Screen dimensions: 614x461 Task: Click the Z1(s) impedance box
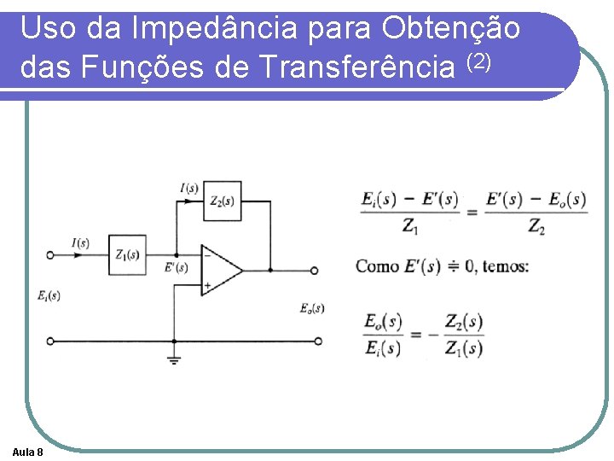[127, 254]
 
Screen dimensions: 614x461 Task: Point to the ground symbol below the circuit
[174, 359]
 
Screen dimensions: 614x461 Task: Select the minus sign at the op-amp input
[206, 254]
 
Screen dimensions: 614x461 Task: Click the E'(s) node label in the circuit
[177, 268]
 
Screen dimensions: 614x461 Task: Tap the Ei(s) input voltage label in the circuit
[49, 295]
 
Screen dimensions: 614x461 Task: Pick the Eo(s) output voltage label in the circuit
[312, 307]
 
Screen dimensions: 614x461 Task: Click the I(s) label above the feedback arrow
[189, 188]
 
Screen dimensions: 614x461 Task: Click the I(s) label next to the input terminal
[80, 242]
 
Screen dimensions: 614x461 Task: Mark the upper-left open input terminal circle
[49, 254]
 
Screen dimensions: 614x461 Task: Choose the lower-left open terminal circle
[49, 341]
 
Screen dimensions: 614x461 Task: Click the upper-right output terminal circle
[314, 271]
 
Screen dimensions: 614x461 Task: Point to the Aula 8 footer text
[29, 451]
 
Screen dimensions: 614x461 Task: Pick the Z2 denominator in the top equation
[536, 227]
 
